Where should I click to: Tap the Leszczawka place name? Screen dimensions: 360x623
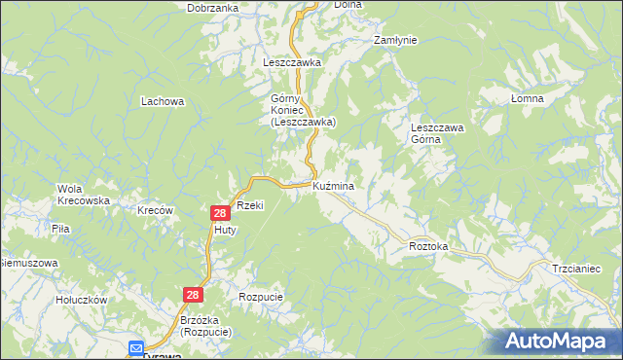(x=292, y=61)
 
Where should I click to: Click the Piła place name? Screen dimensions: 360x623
(x=60, y=229)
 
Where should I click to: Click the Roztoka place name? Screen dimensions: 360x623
(x=428, y=247)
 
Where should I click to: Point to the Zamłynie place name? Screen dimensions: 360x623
(x=395, y=41)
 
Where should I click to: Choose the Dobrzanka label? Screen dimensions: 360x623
(x=214, y=8)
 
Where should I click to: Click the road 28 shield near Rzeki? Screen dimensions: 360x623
(x=220, y=212)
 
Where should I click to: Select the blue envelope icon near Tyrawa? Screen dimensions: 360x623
(x=136, y=346)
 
